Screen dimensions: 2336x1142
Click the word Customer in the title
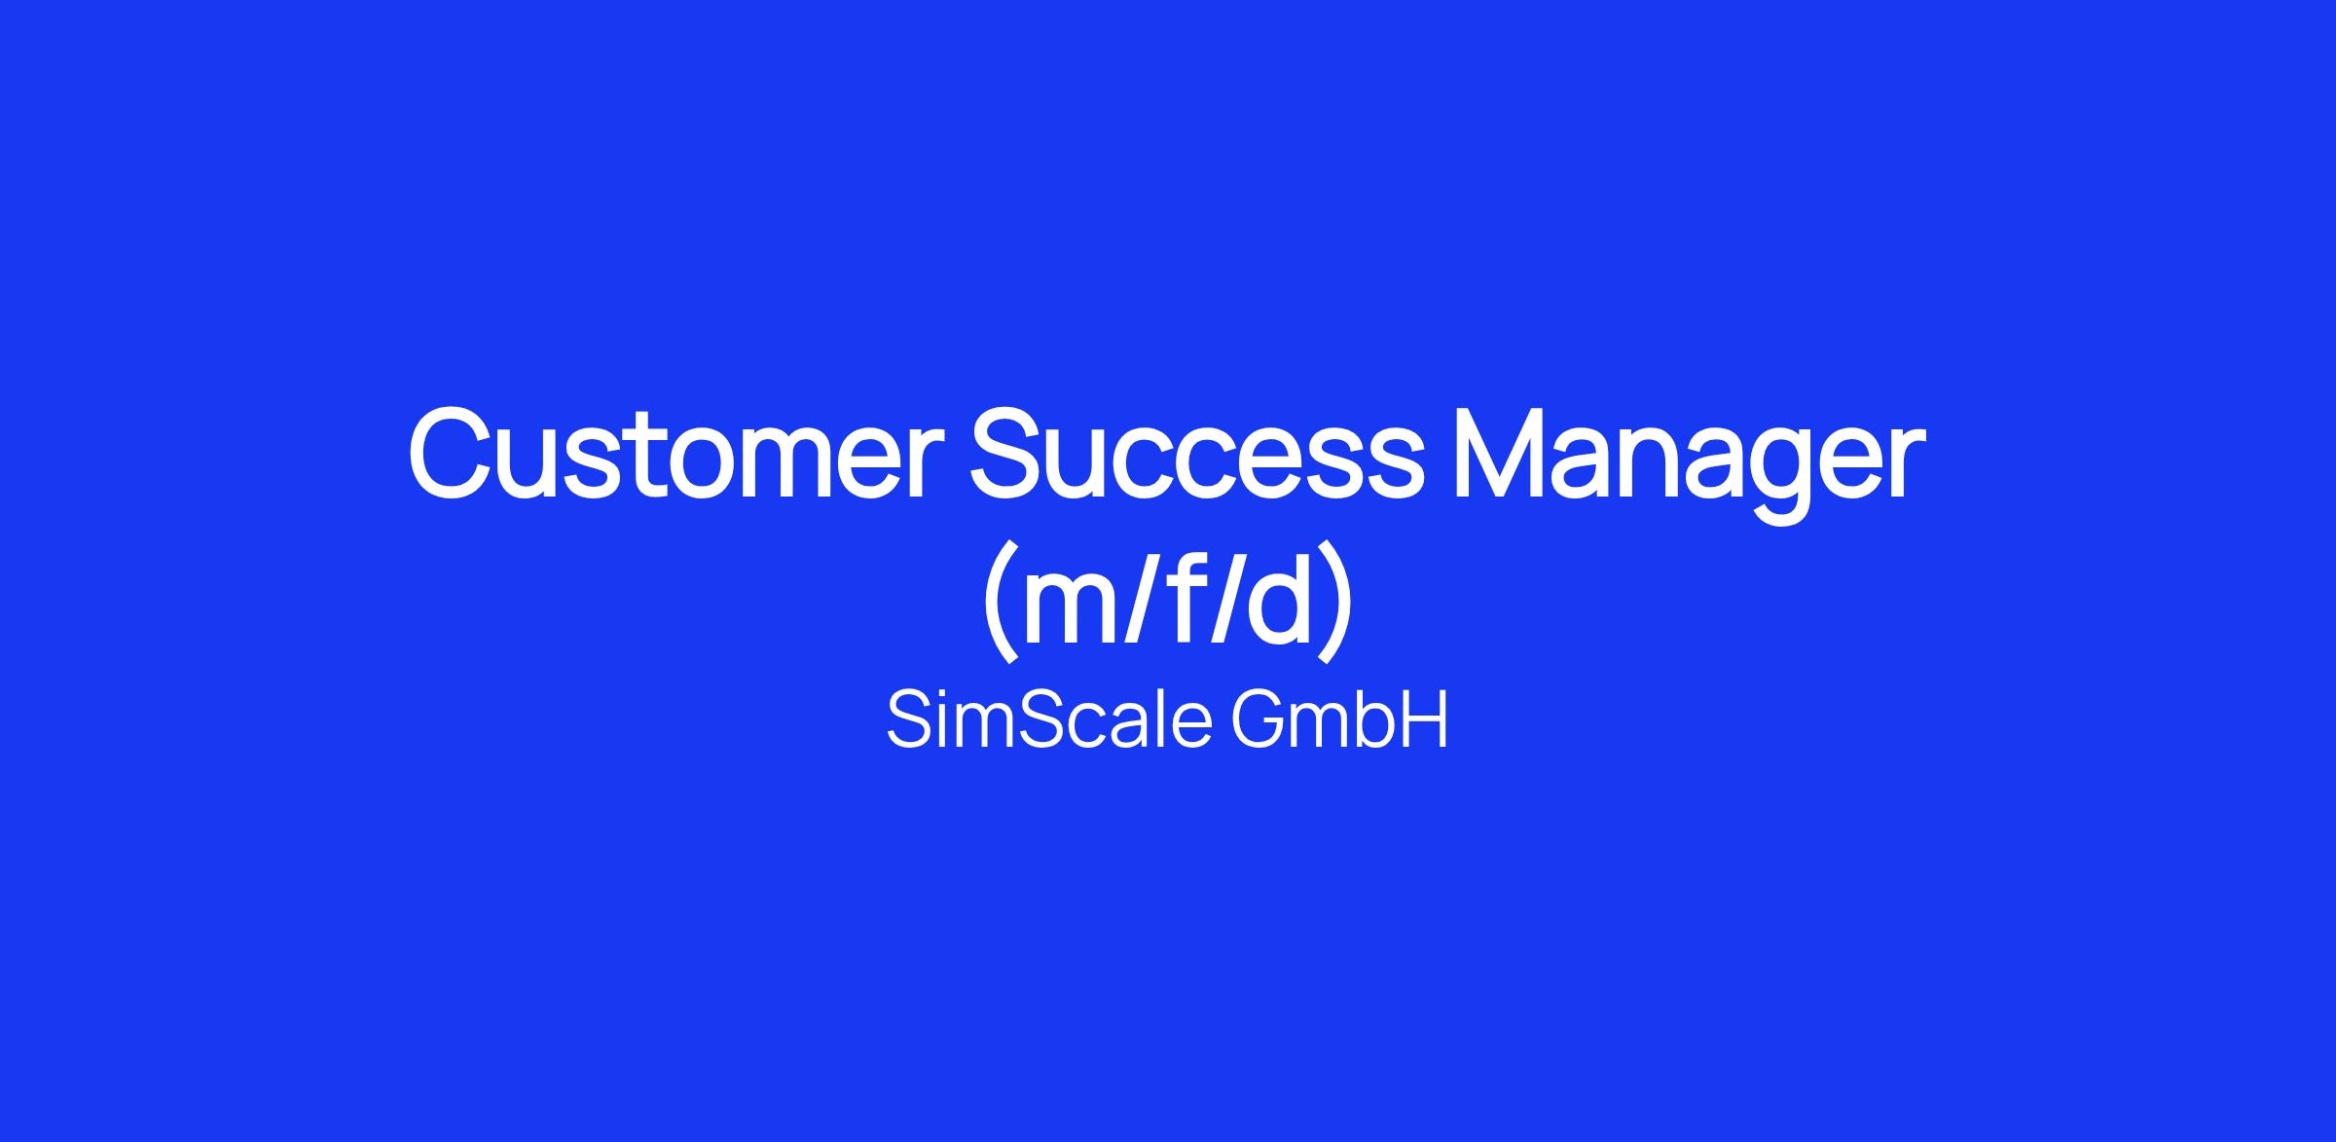pyautogui.click(x=677, y=455)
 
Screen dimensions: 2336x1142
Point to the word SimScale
pyautogui.click(x=1049, y=720)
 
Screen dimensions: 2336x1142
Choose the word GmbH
pyautogui.click(x=1340, y=720)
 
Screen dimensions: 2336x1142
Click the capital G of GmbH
pyautogui.click(x=1260, y=720)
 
